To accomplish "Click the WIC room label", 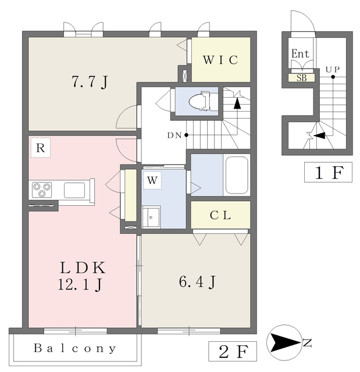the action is click(x=220, y=60).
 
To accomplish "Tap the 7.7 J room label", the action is click(x=90, y=82).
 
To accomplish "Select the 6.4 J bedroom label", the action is click(x=197, y=282).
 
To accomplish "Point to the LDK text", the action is click(x=83, y=267).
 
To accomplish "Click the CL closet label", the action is click(x=220, y=216).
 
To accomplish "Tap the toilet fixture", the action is click(x=199, y=101).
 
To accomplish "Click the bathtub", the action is click(x=237, y=175).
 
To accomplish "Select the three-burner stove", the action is click(x=42, y=190).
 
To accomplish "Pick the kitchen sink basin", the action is click(x=74, y=190).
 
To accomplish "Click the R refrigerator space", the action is click(x=41, y=148).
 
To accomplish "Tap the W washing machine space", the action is click(x=152, y=180).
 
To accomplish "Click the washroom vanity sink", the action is click(x=151, y=217).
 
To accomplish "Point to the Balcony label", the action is click(x=75, y=348).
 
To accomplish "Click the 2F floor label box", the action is click(x=233, y=351).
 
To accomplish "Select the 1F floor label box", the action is click(x=328, y=172).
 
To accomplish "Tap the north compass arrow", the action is click(x=286, y=342).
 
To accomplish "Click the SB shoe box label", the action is click(x=302, y=78).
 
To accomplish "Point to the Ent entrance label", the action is click(x=301, y=53).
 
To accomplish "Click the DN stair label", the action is click(x=174, y=135).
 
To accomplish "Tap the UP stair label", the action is click(x=333, y=70).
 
